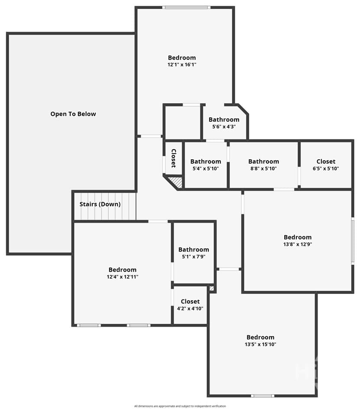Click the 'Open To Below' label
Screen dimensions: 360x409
point(73,114)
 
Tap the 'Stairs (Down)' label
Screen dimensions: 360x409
point(100,204)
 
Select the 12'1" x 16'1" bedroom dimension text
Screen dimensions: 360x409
point(182,64)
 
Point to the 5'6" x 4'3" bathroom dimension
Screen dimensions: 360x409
point(224,127)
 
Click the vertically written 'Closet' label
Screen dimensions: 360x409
point(173,158)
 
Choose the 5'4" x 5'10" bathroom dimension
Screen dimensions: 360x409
point(206,168)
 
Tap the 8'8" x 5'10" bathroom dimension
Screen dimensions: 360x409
point(263,168)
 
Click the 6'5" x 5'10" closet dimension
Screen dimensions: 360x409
point(326,168)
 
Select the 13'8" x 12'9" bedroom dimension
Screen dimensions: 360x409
point(298,245)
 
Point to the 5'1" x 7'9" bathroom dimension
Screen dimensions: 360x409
point(194,257)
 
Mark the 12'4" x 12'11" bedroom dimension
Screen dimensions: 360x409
point(123,277)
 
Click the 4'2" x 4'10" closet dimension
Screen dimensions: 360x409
point(190,309)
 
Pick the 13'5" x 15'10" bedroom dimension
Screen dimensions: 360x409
point(260,345)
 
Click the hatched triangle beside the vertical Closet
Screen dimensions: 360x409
point(177,181)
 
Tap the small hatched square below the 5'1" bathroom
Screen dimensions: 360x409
point(212,289)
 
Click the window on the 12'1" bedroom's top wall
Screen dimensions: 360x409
point(186,7)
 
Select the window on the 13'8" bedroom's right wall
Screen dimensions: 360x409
point(353,241)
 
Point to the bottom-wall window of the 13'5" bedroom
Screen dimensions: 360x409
point(263,396)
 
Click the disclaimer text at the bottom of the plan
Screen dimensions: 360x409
point(180,406)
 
